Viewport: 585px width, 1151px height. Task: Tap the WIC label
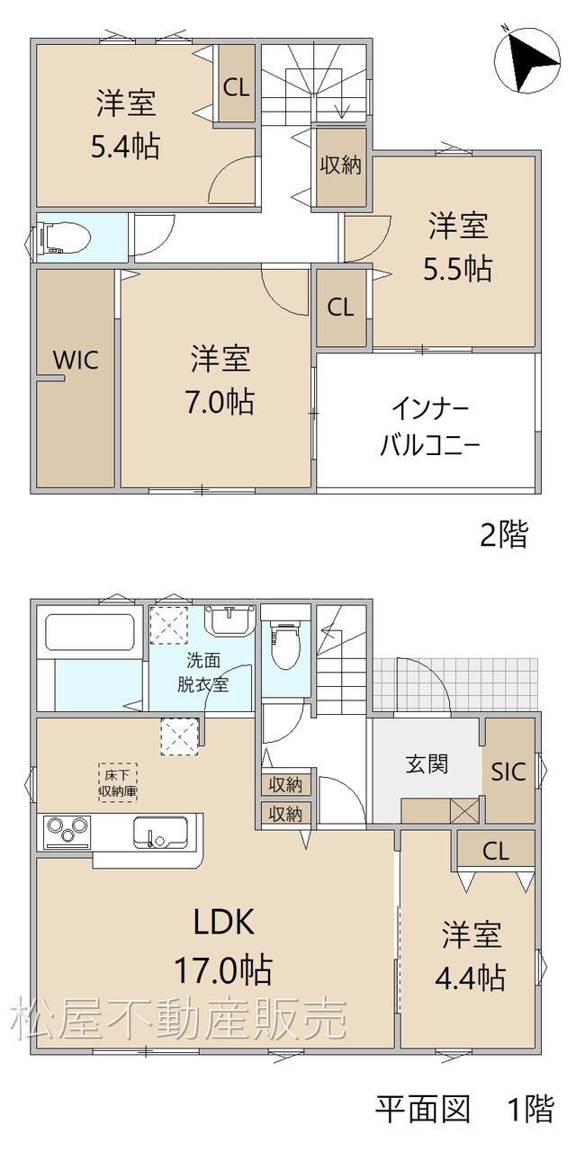pos(76,360)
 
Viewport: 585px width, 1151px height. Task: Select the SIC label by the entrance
pos(508,772)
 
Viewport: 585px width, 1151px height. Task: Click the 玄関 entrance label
pos(427,764)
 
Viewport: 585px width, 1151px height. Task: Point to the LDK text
pos(223,922)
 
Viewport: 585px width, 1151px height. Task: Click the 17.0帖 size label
pos(223,969)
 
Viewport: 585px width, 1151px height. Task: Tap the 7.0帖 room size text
pos(220,401)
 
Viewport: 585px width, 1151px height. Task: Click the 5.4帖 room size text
pos(125,146)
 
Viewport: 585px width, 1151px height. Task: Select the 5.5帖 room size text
pos(457,268)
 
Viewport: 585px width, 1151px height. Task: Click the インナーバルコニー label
pos(430,428)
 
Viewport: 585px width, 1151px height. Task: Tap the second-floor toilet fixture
pos(63,238)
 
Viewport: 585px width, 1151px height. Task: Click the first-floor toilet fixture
pos(285,643)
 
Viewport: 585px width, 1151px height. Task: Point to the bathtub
pos(90,631)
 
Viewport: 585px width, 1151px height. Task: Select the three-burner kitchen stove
pos(67,832)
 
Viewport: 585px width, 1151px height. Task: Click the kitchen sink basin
pos(160,832)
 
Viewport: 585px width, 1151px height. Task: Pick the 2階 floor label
pos(504,534)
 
